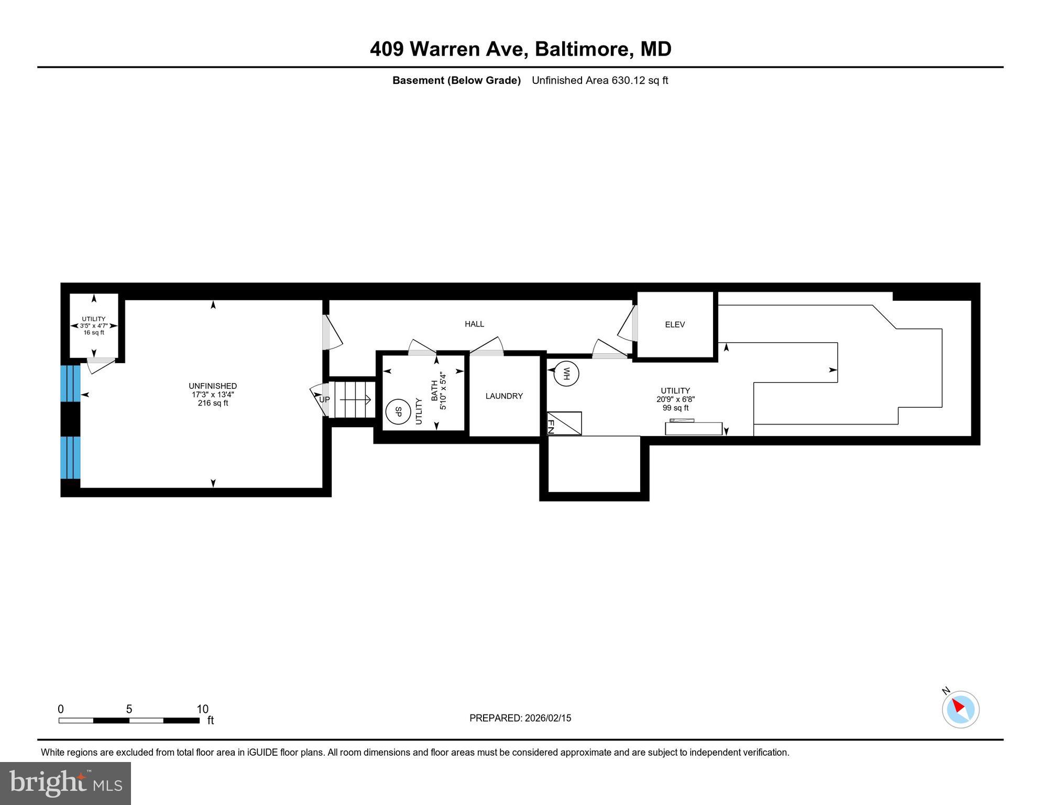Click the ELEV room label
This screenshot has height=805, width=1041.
(675, 324)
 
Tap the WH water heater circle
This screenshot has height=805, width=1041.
(566, 374)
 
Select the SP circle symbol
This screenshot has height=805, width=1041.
(398, 412)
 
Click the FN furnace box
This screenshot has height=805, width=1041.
(564, 423)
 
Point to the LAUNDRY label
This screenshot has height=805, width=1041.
(504, 396)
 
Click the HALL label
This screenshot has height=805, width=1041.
(474, 324)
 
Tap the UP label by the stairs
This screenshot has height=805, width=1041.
(324, 399)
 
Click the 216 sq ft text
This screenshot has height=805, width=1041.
(213, 403)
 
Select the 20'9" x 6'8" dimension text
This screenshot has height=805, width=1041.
(675, 399)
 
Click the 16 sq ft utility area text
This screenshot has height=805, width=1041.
(94, 332)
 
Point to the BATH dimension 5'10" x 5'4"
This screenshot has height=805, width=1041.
(443, 391)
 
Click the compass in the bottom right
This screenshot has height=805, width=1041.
(960, 709)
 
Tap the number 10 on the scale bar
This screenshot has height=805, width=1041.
(202, 709)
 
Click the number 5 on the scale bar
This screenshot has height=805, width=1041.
(129, 709)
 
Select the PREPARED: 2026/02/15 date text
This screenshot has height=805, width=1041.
(520, 718)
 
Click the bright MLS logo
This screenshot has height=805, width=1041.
(65, 783)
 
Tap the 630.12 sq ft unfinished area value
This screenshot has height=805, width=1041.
(639, 80)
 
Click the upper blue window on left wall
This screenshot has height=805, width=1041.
(70, 383)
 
